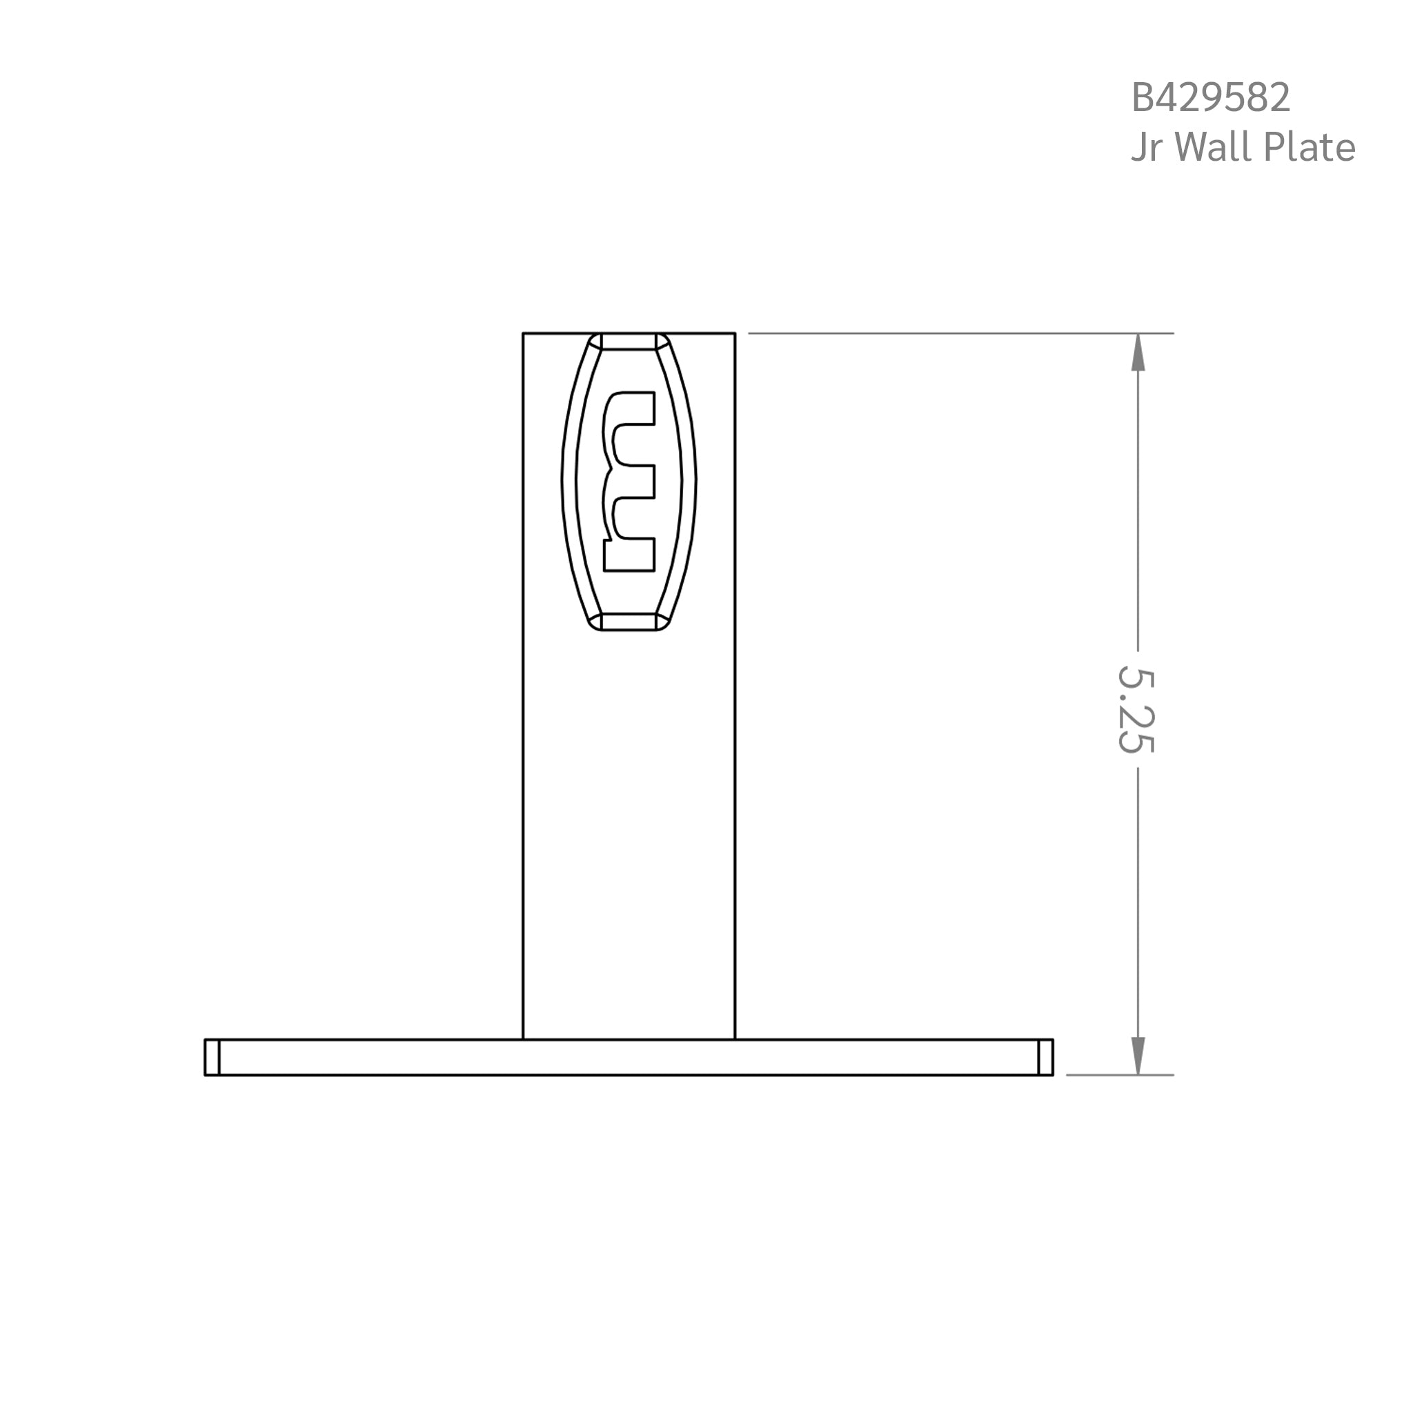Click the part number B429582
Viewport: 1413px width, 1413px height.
(1210, 97)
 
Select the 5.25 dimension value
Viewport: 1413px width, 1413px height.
(1136, 709)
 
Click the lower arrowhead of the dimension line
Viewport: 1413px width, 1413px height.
(1137, 1056)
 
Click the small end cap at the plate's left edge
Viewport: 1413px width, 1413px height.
(212, 1057)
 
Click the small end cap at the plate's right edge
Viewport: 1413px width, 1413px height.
(1046, 1057)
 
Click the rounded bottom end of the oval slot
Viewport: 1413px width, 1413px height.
(629, 622)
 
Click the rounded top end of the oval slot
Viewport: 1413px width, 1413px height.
(629, 342)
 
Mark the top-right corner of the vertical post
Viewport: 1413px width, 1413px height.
(735, 333)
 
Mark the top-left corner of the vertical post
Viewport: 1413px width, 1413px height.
(523, 333)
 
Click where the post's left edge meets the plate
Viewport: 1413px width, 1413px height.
(523, 1038)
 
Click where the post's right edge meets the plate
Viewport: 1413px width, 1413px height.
(735, 1038)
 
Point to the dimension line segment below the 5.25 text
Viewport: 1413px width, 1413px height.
(1137, 900)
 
